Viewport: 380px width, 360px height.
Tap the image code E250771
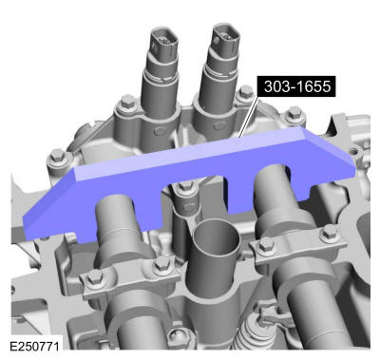[35, 349]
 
